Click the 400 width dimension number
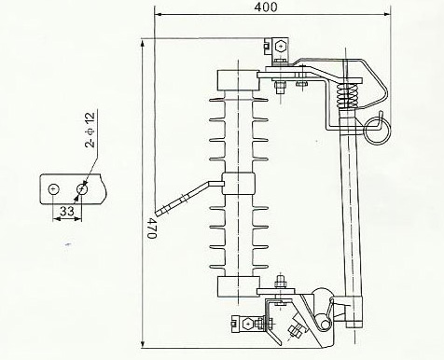265,7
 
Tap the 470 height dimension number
151,228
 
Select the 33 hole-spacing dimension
67,211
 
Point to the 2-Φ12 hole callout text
90,130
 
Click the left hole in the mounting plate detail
53,189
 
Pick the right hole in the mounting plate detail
82,189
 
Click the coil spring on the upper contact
347,95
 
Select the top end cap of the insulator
238,80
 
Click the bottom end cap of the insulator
238,286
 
